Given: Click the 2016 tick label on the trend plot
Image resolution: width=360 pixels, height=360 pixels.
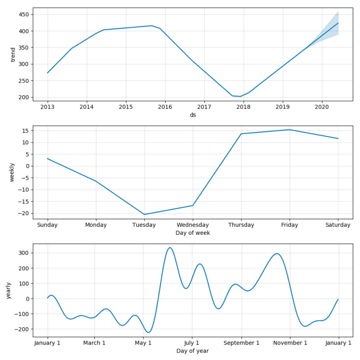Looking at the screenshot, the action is click(165, 107).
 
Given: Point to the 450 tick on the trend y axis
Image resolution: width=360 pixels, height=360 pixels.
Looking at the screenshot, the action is click(23, 15).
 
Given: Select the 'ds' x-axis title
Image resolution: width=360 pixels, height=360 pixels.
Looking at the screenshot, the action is click(193, 115).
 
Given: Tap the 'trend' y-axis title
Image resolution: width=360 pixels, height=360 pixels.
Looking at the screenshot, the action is click(13, 55).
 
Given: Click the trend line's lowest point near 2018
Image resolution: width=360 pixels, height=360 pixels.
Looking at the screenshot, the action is click(240, 97).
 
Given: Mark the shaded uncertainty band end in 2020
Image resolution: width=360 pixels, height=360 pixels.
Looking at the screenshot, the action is click(338, 23).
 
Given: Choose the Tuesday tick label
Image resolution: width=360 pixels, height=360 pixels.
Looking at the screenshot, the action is click(144, 225).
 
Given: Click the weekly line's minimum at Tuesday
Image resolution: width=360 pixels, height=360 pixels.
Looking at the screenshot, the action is click(144, 214).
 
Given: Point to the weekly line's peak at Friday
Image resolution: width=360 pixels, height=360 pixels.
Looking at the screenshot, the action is click(290, 130).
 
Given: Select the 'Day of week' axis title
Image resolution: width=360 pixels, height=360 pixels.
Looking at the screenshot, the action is click(193, 233).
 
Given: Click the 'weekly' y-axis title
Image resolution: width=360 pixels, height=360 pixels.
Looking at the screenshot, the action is click(12, 172).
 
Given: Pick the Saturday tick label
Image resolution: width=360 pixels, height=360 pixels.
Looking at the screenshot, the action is click(338, 225).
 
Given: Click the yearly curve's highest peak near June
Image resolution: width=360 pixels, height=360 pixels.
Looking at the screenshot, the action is click(170, 247).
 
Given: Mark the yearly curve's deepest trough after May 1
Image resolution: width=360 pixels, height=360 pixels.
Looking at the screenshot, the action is click(149, 332).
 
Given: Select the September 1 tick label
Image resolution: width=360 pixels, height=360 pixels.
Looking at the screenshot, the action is click(241, 343).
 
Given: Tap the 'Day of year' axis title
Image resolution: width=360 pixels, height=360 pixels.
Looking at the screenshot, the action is click(193, 351).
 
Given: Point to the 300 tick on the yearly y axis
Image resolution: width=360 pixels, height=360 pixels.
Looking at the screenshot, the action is click(24, 253).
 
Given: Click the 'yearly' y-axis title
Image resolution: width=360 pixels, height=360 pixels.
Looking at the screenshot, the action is click(8, 291).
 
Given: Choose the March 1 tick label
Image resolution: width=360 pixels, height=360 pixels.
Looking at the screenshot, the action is click(94, 343).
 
